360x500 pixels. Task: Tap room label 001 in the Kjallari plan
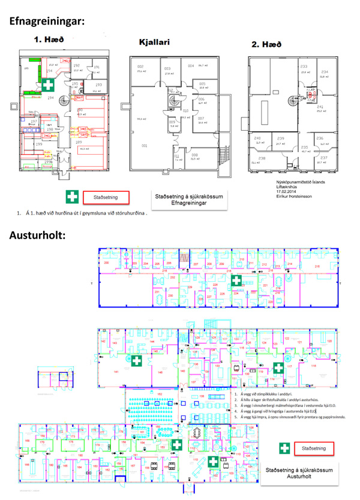tap(143, 146)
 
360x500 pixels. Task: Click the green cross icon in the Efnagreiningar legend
tap(72, 196)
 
